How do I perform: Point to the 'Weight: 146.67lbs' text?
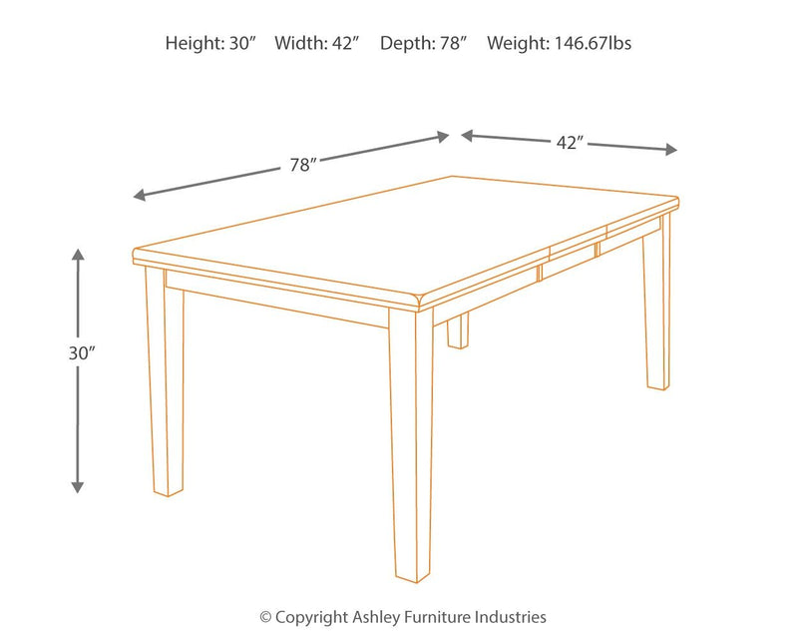click(559, 43)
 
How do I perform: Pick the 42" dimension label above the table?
click(569, 143)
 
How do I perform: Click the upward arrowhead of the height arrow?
click(78, 256)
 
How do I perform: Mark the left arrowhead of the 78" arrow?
click(141, 195)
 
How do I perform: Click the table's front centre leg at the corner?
click(411, 449)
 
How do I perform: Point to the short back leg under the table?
click(458, 332)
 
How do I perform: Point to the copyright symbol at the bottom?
click(265, 618)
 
